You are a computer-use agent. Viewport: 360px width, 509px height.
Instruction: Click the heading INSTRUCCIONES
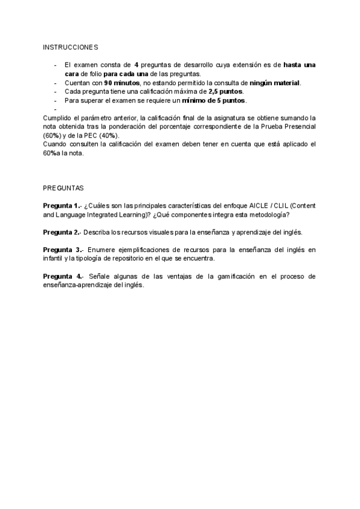(x=71, y=47)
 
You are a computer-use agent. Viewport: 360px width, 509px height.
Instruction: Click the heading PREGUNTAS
(x=64, y=188)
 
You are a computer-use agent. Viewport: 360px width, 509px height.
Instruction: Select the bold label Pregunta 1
(x=62, y=206)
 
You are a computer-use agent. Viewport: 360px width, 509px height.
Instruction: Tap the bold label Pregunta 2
(x=62, y=232)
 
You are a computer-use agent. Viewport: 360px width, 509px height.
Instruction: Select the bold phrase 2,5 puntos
(x=226, y=92)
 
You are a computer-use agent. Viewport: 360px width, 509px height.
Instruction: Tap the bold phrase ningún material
(x=274, y=83)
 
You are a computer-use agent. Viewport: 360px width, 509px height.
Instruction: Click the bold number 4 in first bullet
(x=136, y=64)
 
